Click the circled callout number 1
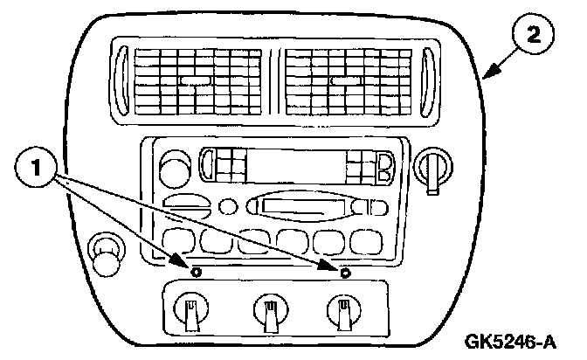(35, 166)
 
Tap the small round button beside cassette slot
(230, 207)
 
